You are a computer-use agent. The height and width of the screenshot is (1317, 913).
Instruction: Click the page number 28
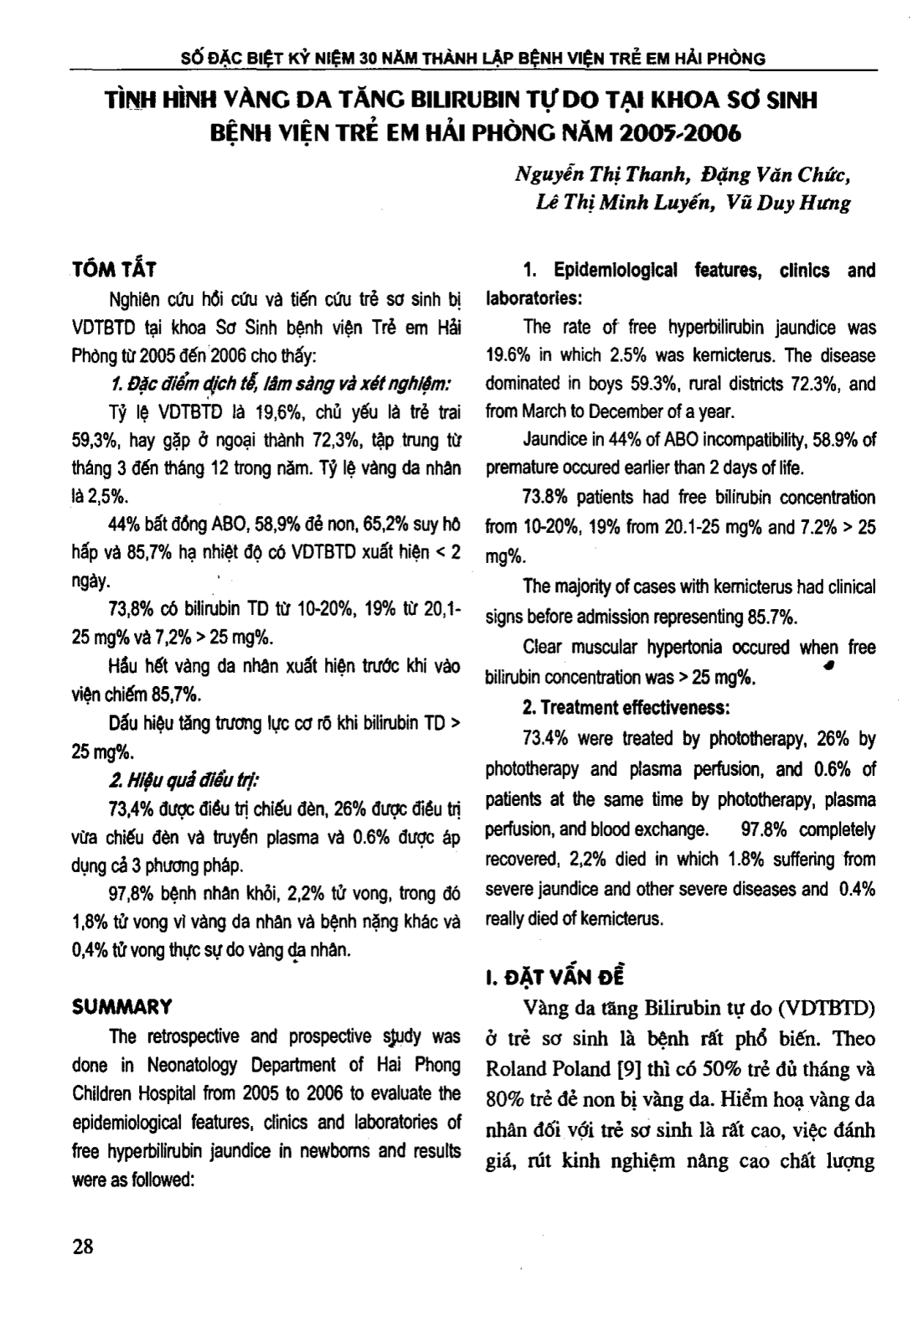tap(83, 1246)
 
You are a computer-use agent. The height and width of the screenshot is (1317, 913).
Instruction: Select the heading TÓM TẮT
tap(113, 270)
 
